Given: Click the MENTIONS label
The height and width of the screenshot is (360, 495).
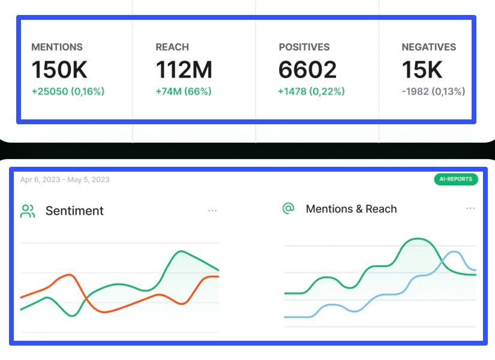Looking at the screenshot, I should click(x=57, y=47).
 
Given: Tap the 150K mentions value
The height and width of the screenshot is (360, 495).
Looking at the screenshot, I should click(x=59, y=70).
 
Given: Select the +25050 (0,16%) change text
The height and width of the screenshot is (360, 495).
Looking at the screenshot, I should click(x=68, y=92).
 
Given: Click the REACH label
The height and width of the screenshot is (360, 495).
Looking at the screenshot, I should click(x=172, y=47).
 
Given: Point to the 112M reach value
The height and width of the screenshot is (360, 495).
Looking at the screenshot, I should click(x=184, y=70).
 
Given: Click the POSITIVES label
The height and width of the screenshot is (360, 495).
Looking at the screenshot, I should click(x=304, y=47).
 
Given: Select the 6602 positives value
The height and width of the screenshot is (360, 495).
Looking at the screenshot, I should click(x=307, y=70).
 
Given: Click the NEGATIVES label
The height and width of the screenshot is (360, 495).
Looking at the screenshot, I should click(x=429, y=47).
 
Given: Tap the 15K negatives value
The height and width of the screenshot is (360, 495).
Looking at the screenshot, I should click(x=422, y=70).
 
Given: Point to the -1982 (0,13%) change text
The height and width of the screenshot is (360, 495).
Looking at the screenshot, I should click(x=433, y=92).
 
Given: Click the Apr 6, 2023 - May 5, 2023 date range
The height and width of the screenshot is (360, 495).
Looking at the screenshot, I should click(x=65, y=179).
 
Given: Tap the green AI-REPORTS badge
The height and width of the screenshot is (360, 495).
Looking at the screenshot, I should click(x=455, y=179).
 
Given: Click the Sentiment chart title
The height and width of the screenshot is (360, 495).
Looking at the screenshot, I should click(x=74, y=211).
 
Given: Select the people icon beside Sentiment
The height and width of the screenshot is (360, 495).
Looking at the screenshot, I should click(x=28, y=211).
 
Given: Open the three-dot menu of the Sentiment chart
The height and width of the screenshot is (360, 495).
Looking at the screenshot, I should click(x=212, y=211).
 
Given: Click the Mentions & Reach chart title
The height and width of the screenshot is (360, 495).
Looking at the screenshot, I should click(x=351, y=209).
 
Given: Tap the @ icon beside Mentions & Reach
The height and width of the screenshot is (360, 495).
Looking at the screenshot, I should click(x=289, y=208).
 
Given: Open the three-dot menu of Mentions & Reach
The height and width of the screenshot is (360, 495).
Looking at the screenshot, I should click(x=470, y=209).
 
